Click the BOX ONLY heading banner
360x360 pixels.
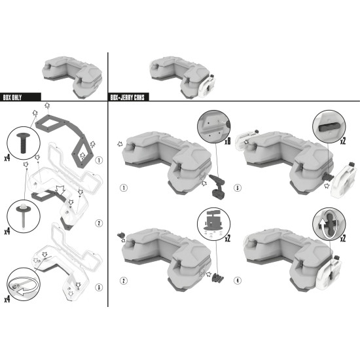tap(20, 97)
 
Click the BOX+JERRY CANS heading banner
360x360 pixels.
tap(128, 97)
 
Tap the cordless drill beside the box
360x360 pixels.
tap(217, 187)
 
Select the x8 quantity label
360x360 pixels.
tap(228, 141)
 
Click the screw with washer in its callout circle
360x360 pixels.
tap(23, 215)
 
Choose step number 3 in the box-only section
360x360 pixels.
tap(99, 287)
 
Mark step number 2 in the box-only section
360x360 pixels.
tap(99, 223)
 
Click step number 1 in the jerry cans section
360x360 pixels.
tap(124, 188)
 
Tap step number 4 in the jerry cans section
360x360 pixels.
tap(238, 281)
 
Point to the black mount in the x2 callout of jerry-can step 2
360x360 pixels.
tap(213, 221)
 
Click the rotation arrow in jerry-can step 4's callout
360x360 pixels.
tap(328, 225)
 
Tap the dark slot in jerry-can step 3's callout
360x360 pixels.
tap(329, 128)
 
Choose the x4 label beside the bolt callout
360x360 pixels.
tap(7, 158)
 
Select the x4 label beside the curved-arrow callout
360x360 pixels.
tap(7, 299)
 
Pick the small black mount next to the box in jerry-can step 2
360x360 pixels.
tap(121, 235)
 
